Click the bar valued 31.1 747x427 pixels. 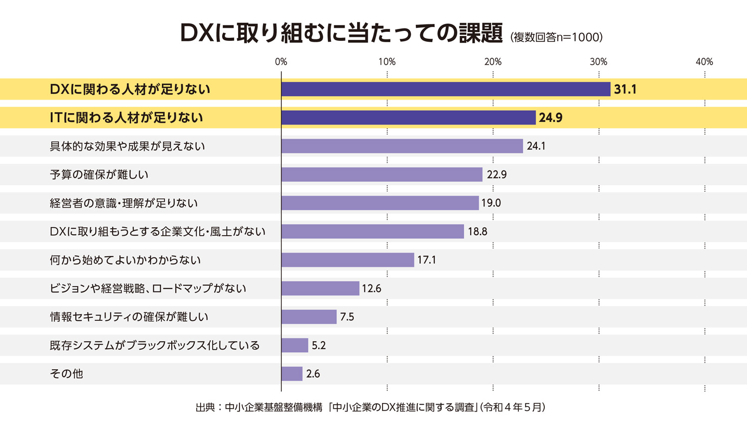(446, 89)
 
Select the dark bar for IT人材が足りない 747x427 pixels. (408, 118)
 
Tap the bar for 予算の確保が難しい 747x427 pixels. (382, 174)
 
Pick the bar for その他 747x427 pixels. (292, 374)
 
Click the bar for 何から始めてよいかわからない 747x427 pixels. (348, 260)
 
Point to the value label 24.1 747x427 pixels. (536, 146)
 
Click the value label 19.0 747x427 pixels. (491, 203)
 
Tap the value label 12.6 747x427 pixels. (372, 288)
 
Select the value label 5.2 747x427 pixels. (319, 345)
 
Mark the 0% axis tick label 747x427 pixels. (281, 62)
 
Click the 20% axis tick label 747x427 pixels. (493, 62)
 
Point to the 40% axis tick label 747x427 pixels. (704, 62)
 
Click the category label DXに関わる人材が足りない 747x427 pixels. (130, 89)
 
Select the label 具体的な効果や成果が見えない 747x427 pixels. (127, 146)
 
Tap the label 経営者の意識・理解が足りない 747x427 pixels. (124, 203)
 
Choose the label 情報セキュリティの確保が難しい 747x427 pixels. (129, 317)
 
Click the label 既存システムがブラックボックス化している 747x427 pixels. (155, 345)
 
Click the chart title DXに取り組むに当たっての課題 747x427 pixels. (341, 34)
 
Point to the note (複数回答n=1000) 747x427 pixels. (556, 37)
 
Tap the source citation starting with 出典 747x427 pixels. (371, 407)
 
